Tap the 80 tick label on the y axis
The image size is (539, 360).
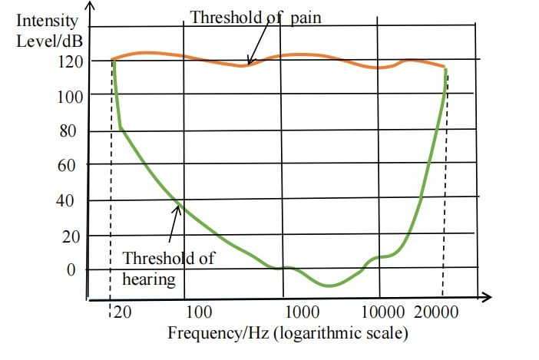point(68,130)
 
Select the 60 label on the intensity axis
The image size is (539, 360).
point(68,166)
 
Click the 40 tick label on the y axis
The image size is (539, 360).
point(68,202)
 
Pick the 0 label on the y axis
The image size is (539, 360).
point(71,270)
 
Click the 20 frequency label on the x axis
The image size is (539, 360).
point(121,312)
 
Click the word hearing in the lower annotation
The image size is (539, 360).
point(149,279)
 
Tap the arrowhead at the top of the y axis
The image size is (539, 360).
point(91,6)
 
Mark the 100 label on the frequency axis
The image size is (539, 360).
point(199,312)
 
